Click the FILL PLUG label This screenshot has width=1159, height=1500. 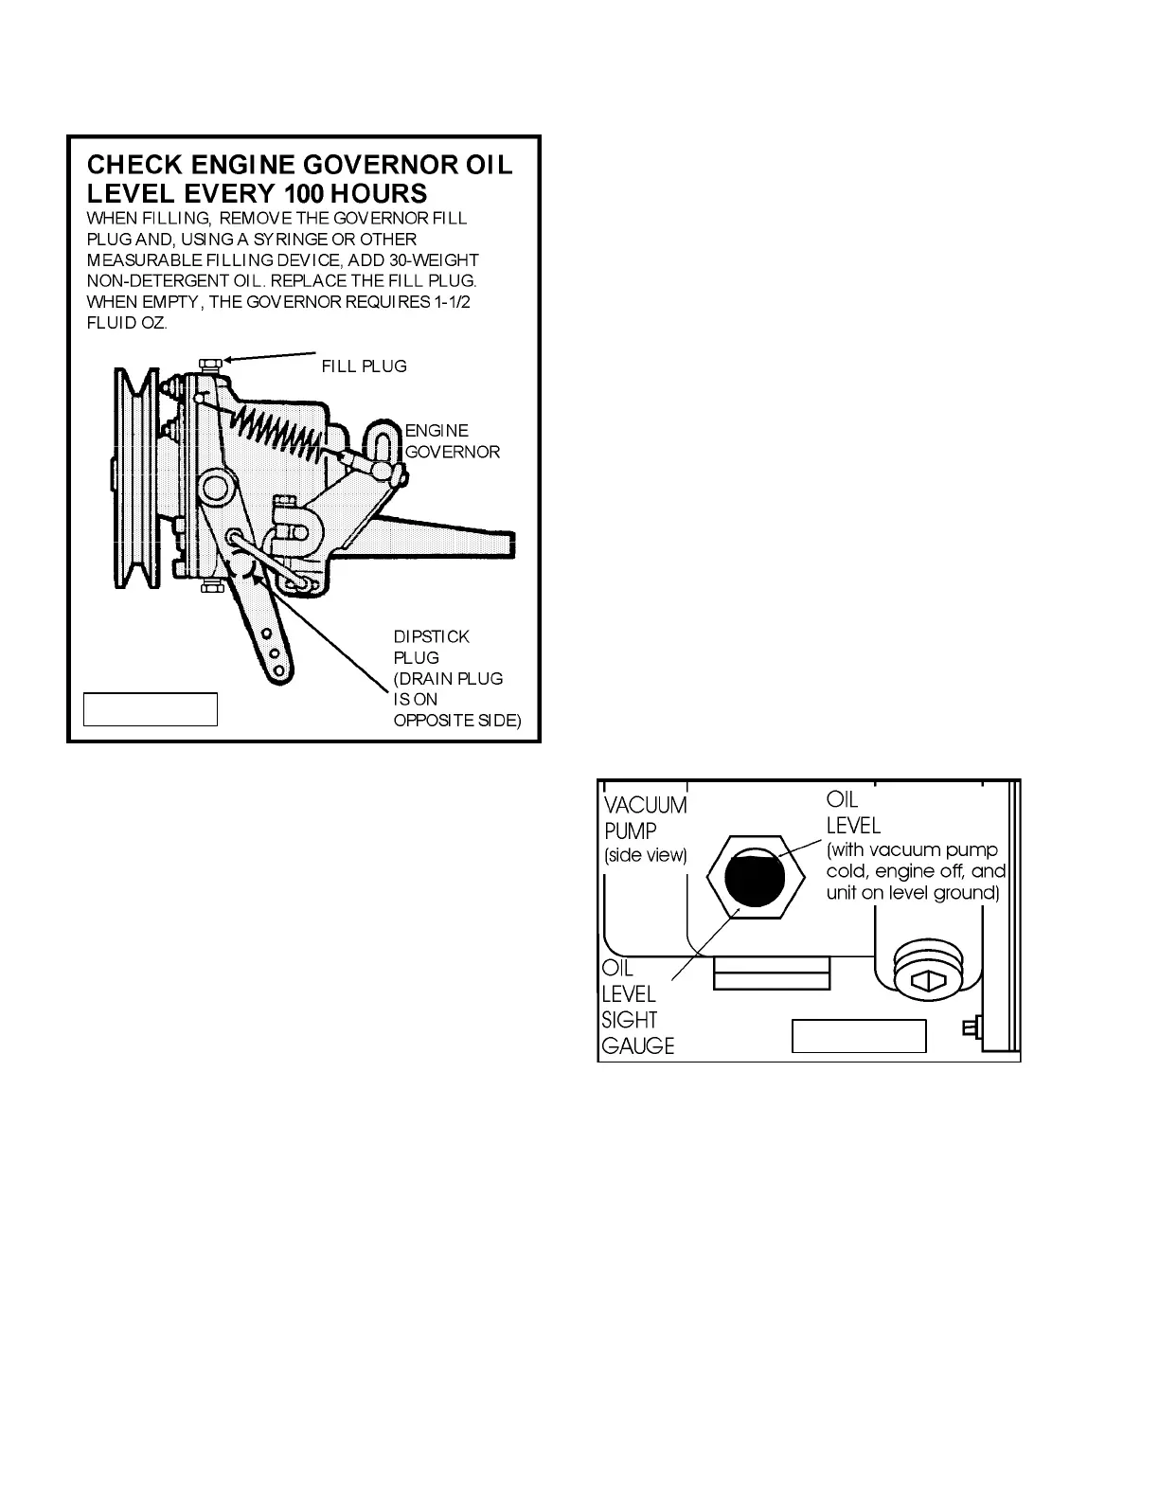point(364,366)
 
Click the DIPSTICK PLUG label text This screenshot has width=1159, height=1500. point(430,647)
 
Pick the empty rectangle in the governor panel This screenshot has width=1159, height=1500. point(151,709)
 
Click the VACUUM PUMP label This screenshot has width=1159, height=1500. point(645,818)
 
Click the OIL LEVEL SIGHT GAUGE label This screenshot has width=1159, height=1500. point(637,1008)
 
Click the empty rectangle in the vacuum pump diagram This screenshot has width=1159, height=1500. point(858,1036)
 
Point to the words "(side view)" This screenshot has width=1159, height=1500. point(645,856)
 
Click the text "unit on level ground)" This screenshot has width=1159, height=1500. point(912,893)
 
